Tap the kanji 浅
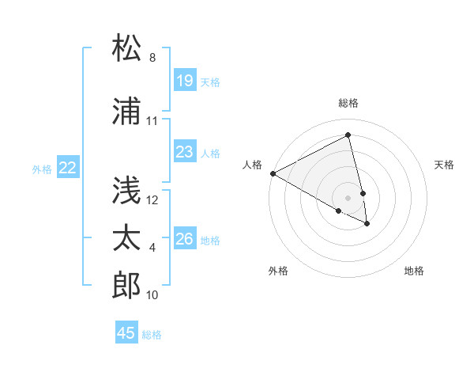[126, 190]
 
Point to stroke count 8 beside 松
[152, 59]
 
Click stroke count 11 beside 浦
[152, 121]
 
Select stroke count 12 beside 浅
[152, 200]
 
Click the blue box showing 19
[185, 81]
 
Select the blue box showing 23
[185, 152]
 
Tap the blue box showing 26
[185, 239]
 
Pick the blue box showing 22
[68, 168]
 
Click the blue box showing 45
[126, 333]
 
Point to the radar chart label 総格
[348, 103]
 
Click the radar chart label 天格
[444, 165]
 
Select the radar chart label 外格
[278, 271]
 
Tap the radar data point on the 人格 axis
[273, 173]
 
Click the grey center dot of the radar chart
[348, 196]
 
